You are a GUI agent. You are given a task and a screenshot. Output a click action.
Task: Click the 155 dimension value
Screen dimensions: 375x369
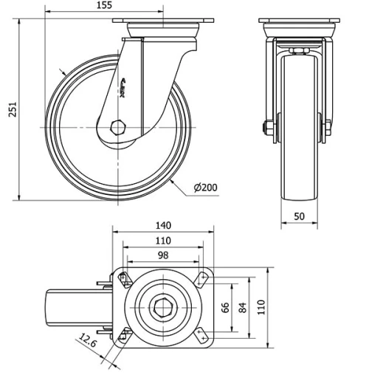pyautogui.click(x=103, y=6)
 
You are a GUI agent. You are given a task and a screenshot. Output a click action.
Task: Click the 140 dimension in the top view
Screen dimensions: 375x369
pyautogui.click(x=164, y=224)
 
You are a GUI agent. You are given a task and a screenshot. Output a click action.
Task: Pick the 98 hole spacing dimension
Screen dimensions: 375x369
pyautogui.click(x=163, y=255)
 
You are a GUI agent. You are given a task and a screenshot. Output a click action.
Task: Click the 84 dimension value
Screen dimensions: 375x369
pyautogui.click(x=244, y=306)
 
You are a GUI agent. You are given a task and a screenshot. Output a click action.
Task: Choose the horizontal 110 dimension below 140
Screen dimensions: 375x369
pyautogui.click(x=163, y=240)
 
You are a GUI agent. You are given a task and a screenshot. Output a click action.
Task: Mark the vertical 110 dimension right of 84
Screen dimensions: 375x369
pyautogui.click(x=260, y=306)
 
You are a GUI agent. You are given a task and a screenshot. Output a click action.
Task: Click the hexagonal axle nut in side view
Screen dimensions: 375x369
pyautogui.click(x=118, y=126)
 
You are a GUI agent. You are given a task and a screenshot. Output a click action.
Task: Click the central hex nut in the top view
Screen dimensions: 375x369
pyautogui.click(x=162, y=306)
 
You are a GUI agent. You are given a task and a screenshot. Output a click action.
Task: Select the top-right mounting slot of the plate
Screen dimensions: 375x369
pyautogui.click(x=200, y=278)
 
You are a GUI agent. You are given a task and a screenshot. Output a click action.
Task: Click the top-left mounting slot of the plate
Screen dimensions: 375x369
pyautogui.click(x=124, y=278)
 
